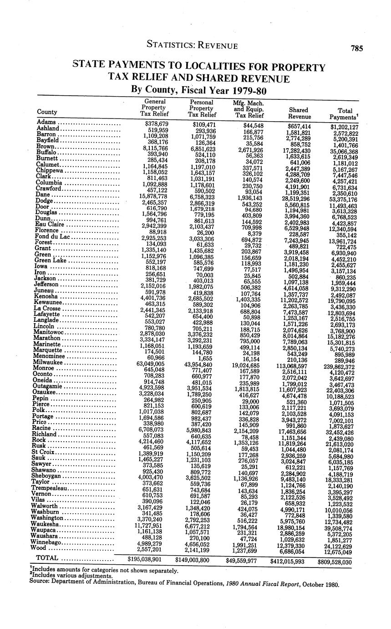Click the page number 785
[x=356, y=48]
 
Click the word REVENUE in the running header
[x=216, y=46]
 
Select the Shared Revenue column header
[x=299, y=113]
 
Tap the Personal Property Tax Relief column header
[x=201, y=108]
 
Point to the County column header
[x=47, y=112]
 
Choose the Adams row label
[x=46, y=122]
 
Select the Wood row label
[x=44, y=548]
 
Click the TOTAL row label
[x=47, y=558]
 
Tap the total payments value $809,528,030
[x=335, y=562]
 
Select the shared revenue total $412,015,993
[x=287, y=561]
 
